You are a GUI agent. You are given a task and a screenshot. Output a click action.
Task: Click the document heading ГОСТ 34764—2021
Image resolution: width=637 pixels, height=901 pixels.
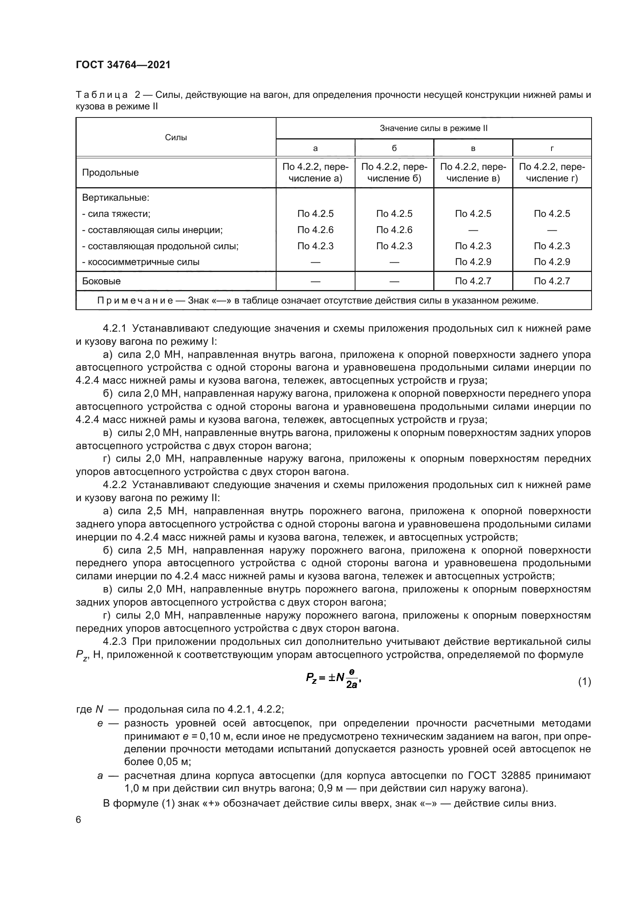point(123,65)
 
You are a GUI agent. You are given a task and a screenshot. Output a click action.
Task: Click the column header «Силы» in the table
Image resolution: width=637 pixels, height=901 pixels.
point(176,138)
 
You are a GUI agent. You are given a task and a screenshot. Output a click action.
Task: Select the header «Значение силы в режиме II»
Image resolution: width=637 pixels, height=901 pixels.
point(433,128)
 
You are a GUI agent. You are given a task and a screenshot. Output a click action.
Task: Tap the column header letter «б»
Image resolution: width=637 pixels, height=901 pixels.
point(394,148)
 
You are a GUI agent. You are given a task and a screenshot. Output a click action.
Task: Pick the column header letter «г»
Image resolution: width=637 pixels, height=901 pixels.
point(552,148)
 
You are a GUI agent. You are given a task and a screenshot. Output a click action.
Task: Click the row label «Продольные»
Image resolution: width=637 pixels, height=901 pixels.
point(110,173)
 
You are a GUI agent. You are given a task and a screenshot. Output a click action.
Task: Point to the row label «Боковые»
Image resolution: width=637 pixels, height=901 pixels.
point(101,281)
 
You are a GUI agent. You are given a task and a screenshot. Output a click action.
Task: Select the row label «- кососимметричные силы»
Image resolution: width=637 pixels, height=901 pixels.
point(141,262)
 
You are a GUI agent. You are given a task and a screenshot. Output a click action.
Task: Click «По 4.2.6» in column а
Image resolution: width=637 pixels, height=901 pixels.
point(315,230)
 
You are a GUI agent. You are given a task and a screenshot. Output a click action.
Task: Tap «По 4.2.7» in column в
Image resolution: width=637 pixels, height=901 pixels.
point(473,281)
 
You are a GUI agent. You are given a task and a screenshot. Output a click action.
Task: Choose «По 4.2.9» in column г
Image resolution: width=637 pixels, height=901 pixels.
point(552,262)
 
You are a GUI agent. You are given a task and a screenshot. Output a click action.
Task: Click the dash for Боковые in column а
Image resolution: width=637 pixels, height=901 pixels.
point(315,281)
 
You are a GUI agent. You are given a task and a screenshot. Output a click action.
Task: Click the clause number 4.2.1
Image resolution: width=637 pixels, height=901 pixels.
point(114,328)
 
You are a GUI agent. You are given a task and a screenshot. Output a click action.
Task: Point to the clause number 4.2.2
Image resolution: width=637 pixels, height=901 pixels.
point(114,485)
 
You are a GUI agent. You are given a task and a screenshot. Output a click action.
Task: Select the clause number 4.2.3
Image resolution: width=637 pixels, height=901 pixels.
point(114,642)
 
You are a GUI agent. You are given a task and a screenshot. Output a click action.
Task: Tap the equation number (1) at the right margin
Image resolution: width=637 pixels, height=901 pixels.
point(584,682)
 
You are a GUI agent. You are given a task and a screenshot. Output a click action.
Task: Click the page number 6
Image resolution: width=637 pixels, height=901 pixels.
point(79,820)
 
